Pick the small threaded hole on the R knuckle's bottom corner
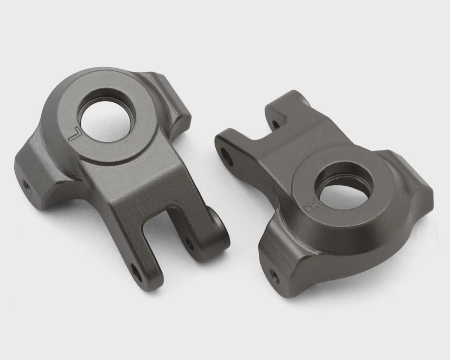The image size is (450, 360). pos(274,276)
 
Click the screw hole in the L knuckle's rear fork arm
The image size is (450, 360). pos(189,243)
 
